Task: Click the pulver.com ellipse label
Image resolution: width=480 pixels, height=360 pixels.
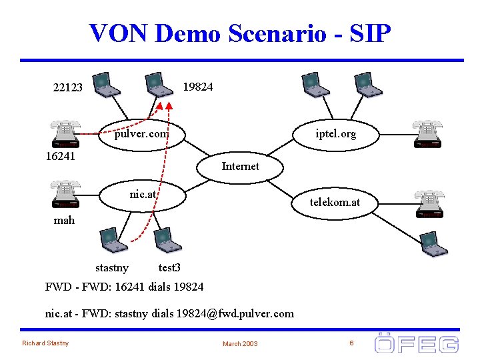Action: click(x=141, y=134)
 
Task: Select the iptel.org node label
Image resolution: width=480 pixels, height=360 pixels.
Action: click(x=336, y=134)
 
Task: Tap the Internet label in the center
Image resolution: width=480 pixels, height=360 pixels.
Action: click(x=240, y=166)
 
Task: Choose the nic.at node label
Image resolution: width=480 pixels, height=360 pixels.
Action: click(x=143, y=195)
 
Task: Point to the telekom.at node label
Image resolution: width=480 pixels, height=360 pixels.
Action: click(x=335, y=202)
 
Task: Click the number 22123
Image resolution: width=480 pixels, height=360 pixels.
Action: click(x=68, y=87)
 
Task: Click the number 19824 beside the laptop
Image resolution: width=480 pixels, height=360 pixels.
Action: click(x=198, y=87)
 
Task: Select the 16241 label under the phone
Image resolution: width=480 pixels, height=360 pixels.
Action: click(x=60, y=157)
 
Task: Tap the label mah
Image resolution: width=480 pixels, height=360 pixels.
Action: click(x=64, y=220)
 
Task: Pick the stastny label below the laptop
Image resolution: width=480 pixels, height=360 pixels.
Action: click(x=112, y=268)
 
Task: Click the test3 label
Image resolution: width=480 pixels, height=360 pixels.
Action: click(x=169, y=268)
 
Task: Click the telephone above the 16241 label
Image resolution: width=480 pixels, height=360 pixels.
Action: click(x=65, y=134)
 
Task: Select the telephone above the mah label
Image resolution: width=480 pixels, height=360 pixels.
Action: click(x=65, y=194)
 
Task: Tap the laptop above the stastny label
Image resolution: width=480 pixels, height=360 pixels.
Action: click(x=113, y=241)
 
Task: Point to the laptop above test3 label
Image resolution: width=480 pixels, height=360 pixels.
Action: click(x=167, y=241)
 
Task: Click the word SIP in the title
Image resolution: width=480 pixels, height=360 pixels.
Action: click(x=366, y=33)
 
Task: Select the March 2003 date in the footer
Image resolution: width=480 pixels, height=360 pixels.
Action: click(x=240, y=343)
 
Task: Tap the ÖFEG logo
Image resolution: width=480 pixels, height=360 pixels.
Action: click(x=417, y=343)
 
